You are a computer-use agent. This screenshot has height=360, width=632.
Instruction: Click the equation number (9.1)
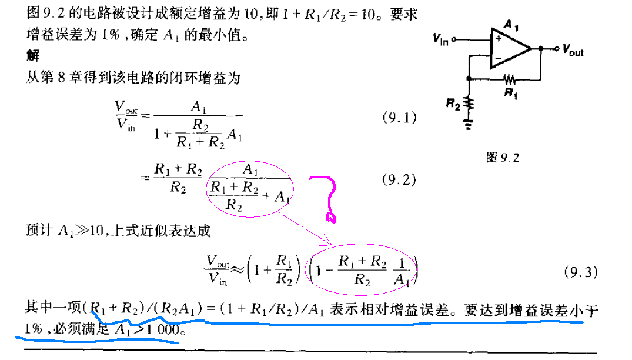399,118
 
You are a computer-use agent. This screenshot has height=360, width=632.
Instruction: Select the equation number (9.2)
399,180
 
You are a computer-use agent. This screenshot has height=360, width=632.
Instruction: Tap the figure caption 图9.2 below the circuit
503,157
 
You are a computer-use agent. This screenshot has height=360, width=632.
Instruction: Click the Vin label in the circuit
440,39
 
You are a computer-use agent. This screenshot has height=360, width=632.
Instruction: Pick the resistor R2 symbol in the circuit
469,104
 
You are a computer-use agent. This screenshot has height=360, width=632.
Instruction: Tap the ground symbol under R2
469,124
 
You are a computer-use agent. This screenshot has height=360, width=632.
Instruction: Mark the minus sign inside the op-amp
497,57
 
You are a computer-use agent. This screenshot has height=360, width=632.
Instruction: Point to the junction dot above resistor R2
469,78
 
